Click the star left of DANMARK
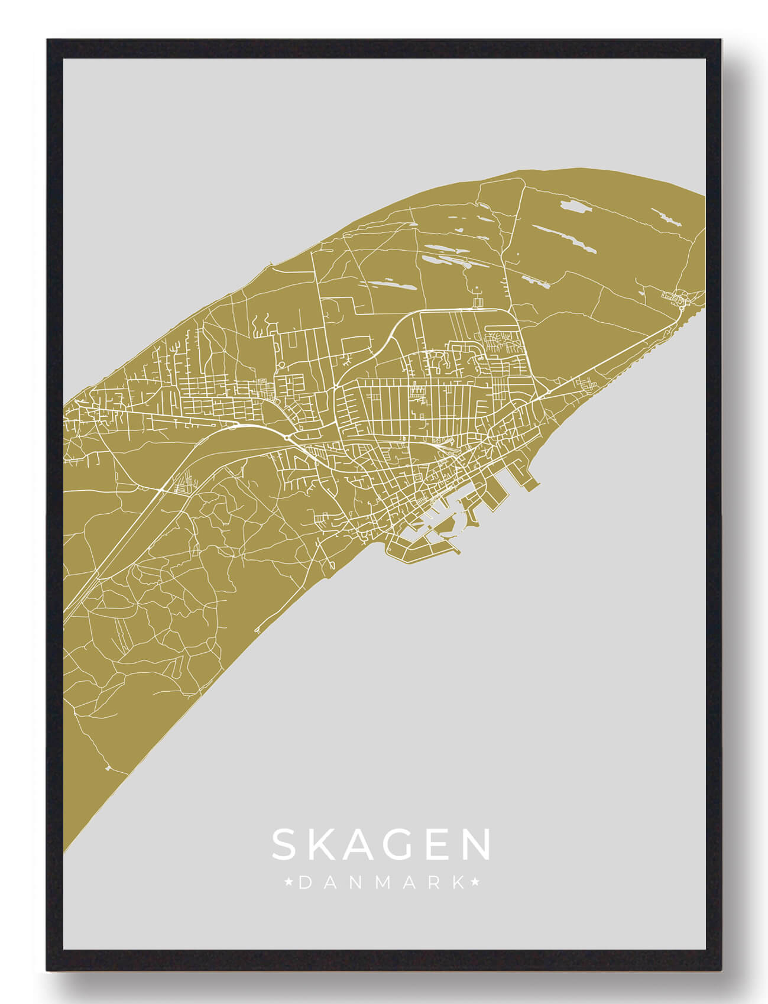[x=289, y=883]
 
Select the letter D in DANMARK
[x=304, y=883]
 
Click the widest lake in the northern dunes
[x=573, y=207]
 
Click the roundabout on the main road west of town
[x=289, y=438]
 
